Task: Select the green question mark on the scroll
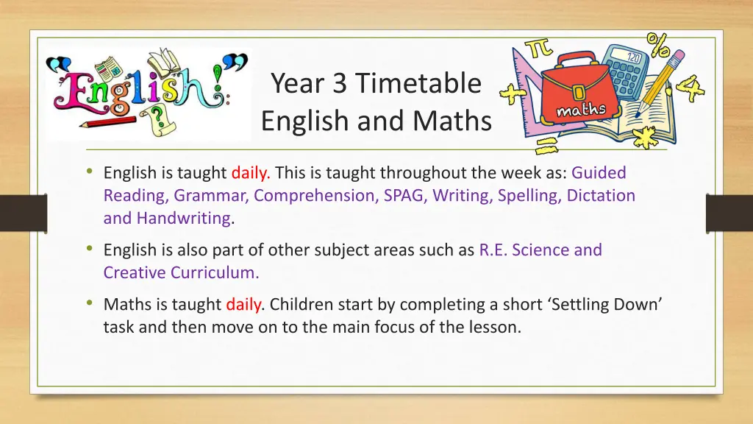(157, 119)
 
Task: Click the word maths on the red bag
(581, 111)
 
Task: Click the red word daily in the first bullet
(251, 174)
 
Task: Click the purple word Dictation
(598, 196)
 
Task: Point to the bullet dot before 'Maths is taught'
(89, 303)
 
